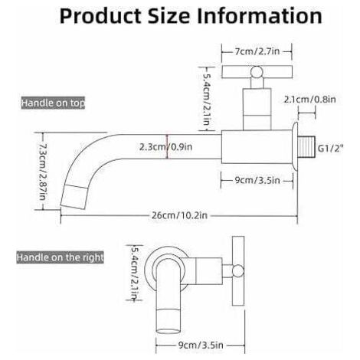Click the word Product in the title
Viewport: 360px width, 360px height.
pyautogui.click(x=100, y=16)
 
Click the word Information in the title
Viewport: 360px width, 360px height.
pyautogui.click(x=260, y=16)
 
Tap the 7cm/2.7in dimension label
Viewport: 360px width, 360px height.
pyautogui.click(x=257, y=51)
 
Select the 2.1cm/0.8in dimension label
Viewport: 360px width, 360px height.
pyautogui.click(x=310, y=99)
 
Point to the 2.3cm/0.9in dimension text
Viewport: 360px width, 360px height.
pyautogui.click(x=165, y=146)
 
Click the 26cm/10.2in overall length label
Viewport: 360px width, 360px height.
pyautogui.click(x=179, y=215)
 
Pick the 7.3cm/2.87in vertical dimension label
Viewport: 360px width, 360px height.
pyautogui.click(x=43, y=172)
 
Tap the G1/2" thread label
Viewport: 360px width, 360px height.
pyautogui.click(x=331, y=148)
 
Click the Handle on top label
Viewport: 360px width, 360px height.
pyautogui.click(x=53, y=103)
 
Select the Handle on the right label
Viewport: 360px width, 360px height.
pyautogui.click(x=61, y=257)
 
